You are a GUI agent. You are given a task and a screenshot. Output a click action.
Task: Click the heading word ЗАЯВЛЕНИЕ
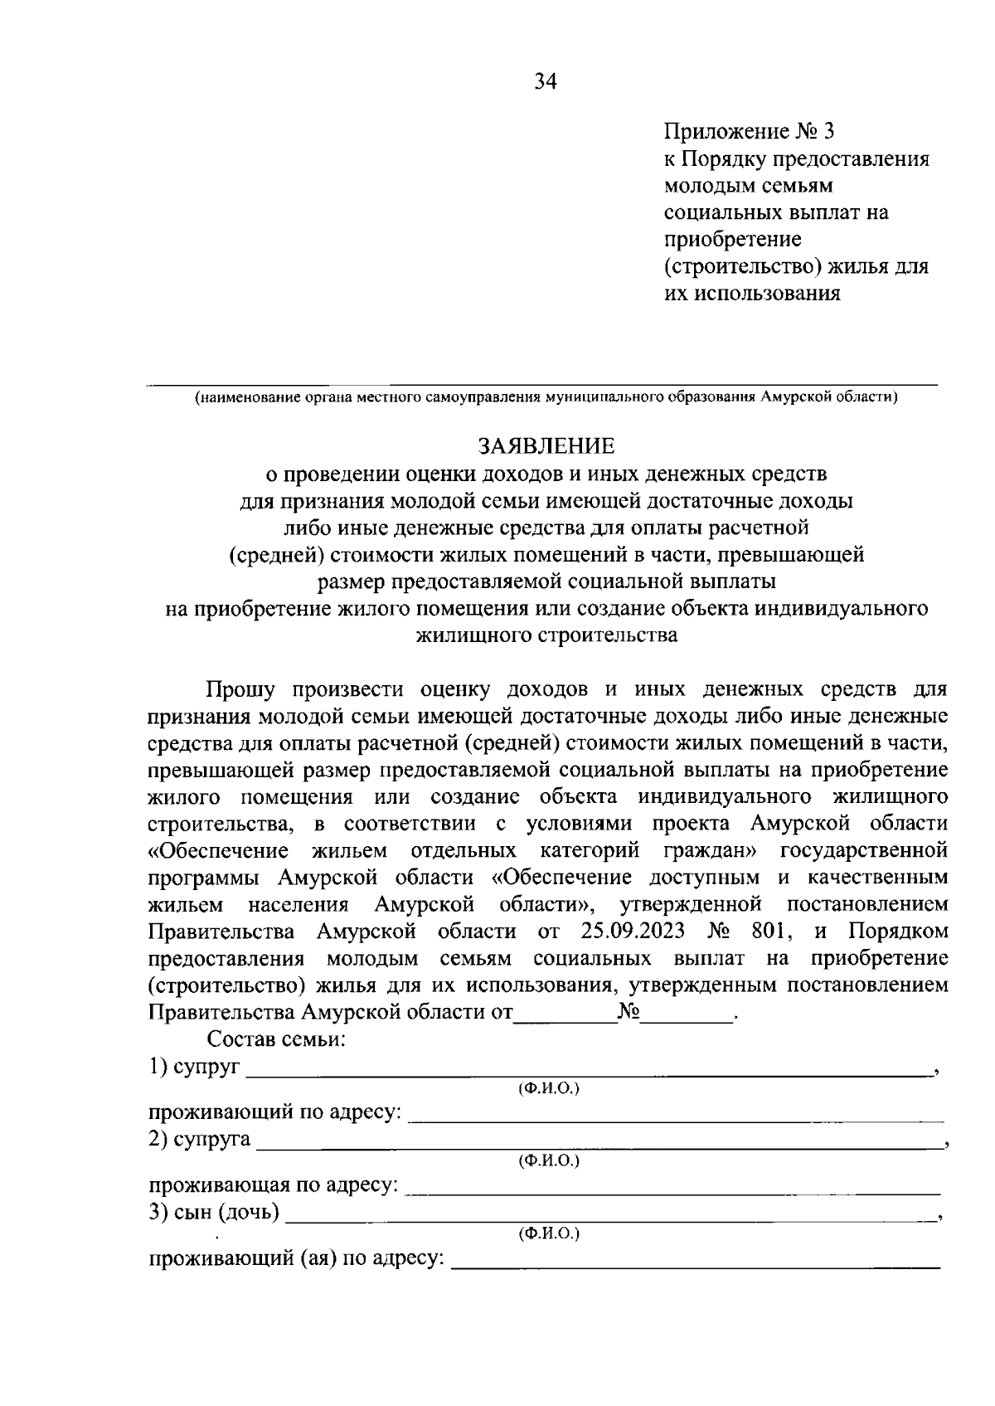546,446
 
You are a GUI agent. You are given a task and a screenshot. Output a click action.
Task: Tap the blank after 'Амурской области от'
565,1014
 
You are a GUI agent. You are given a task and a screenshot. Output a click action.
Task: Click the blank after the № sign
688,1014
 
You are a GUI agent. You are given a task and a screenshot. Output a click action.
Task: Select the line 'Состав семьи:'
276,1039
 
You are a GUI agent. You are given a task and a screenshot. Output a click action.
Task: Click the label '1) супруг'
194,1068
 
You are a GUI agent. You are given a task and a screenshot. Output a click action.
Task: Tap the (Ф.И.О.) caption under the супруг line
548,1087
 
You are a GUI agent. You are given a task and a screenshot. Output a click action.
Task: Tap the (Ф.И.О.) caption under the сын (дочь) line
548,1233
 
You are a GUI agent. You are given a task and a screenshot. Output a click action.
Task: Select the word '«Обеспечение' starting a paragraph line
218,850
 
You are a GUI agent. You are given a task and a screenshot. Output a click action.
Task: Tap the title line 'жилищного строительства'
546,636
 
